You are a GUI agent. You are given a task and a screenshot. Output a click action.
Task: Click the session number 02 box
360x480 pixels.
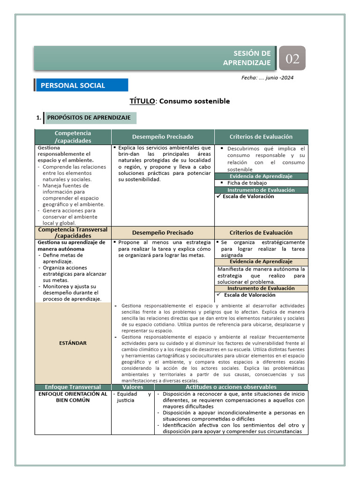click(292, 59)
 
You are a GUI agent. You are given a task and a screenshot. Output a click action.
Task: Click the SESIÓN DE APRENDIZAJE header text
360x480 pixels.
click(253, 58)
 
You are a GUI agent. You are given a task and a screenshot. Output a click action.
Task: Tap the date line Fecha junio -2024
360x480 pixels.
click(267, 78)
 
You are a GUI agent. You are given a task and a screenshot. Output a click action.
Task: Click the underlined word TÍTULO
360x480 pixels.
click(142, 101)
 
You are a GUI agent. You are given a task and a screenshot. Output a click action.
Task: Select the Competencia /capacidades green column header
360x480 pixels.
click(73, 137)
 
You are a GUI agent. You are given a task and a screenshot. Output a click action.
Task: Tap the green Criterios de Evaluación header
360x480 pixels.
click(261, 137)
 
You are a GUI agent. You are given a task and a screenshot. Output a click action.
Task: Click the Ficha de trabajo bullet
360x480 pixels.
click(247, 183)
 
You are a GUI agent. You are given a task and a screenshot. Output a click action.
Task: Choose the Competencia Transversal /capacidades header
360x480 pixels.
click(73, 232)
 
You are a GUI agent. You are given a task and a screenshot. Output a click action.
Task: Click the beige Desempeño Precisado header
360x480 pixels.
click(163, 232)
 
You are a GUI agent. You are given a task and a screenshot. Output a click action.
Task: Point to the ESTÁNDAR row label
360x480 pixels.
click(73, 343)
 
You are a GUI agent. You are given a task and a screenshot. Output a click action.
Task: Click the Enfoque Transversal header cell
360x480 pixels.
click(73, 387)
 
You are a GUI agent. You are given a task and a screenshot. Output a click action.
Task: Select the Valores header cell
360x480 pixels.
click(133, 387)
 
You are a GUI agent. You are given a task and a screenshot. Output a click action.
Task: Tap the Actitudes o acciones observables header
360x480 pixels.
click(231, 387)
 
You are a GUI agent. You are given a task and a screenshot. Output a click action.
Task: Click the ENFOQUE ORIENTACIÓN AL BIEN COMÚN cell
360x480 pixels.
click(73, 397)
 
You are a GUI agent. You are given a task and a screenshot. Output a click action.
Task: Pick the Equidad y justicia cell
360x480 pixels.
click(133, 397)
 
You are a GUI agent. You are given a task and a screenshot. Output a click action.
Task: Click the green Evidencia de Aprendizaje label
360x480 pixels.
click(261, 176)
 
